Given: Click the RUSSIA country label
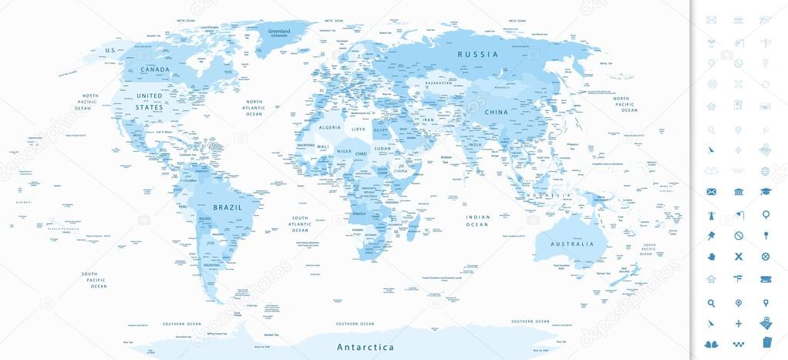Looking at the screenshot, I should (x=478, y=54).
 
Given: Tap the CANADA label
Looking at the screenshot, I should (x=154, y=69).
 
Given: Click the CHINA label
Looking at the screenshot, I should (x=494, y=112).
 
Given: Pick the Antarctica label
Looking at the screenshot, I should (x=365, y=348).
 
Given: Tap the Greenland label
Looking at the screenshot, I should (x=278, y=32).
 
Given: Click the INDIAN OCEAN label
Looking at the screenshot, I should (x=478, y=220).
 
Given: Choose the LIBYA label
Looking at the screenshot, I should (x=359, y=130).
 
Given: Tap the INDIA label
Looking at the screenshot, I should (x=476, y=144).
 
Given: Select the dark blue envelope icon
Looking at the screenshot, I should (x=711, y=192).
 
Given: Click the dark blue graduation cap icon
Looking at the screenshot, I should (x=766, y=192).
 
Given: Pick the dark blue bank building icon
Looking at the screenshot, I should (x=738, y=192).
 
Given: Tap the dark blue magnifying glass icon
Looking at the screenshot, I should (x=711, y=302).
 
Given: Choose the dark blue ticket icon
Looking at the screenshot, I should (x=766, y=279).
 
